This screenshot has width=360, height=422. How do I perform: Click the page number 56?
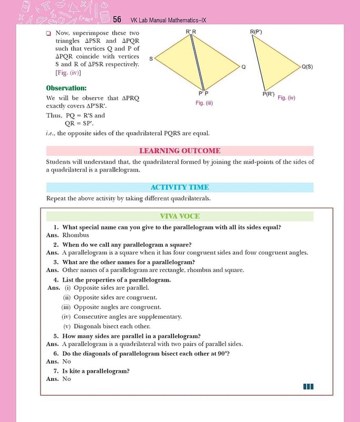tap(117, 20)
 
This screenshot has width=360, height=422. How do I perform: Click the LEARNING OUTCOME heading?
tap(180, 151)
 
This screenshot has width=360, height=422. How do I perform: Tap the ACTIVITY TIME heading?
tap(180, 187)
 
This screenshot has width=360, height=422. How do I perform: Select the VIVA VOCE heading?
tap(180, 216)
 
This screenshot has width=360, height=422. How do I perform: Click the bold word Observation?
tap(66, 88)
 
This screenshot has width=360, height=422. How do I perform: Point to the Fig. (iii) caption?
tap(203, 103)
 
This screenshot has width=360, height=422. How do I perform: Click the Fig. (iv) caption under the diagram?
tap(286, 98)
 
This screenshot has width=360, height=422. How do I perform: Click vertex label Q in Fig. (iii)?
tap(243, 67)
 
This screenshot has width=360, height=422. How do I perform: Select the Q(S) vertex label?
tap(307, 67)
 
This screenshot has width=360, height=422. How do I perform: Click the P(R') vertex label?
tap(268, 94)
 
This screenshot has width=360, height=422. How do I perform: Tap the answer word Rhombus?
tap(76, 235)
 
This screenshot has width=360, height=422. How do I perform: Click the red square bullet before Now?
tap(48, 33)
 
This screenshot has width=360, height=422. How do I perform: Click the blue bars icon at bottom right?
tap(308, 387)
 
